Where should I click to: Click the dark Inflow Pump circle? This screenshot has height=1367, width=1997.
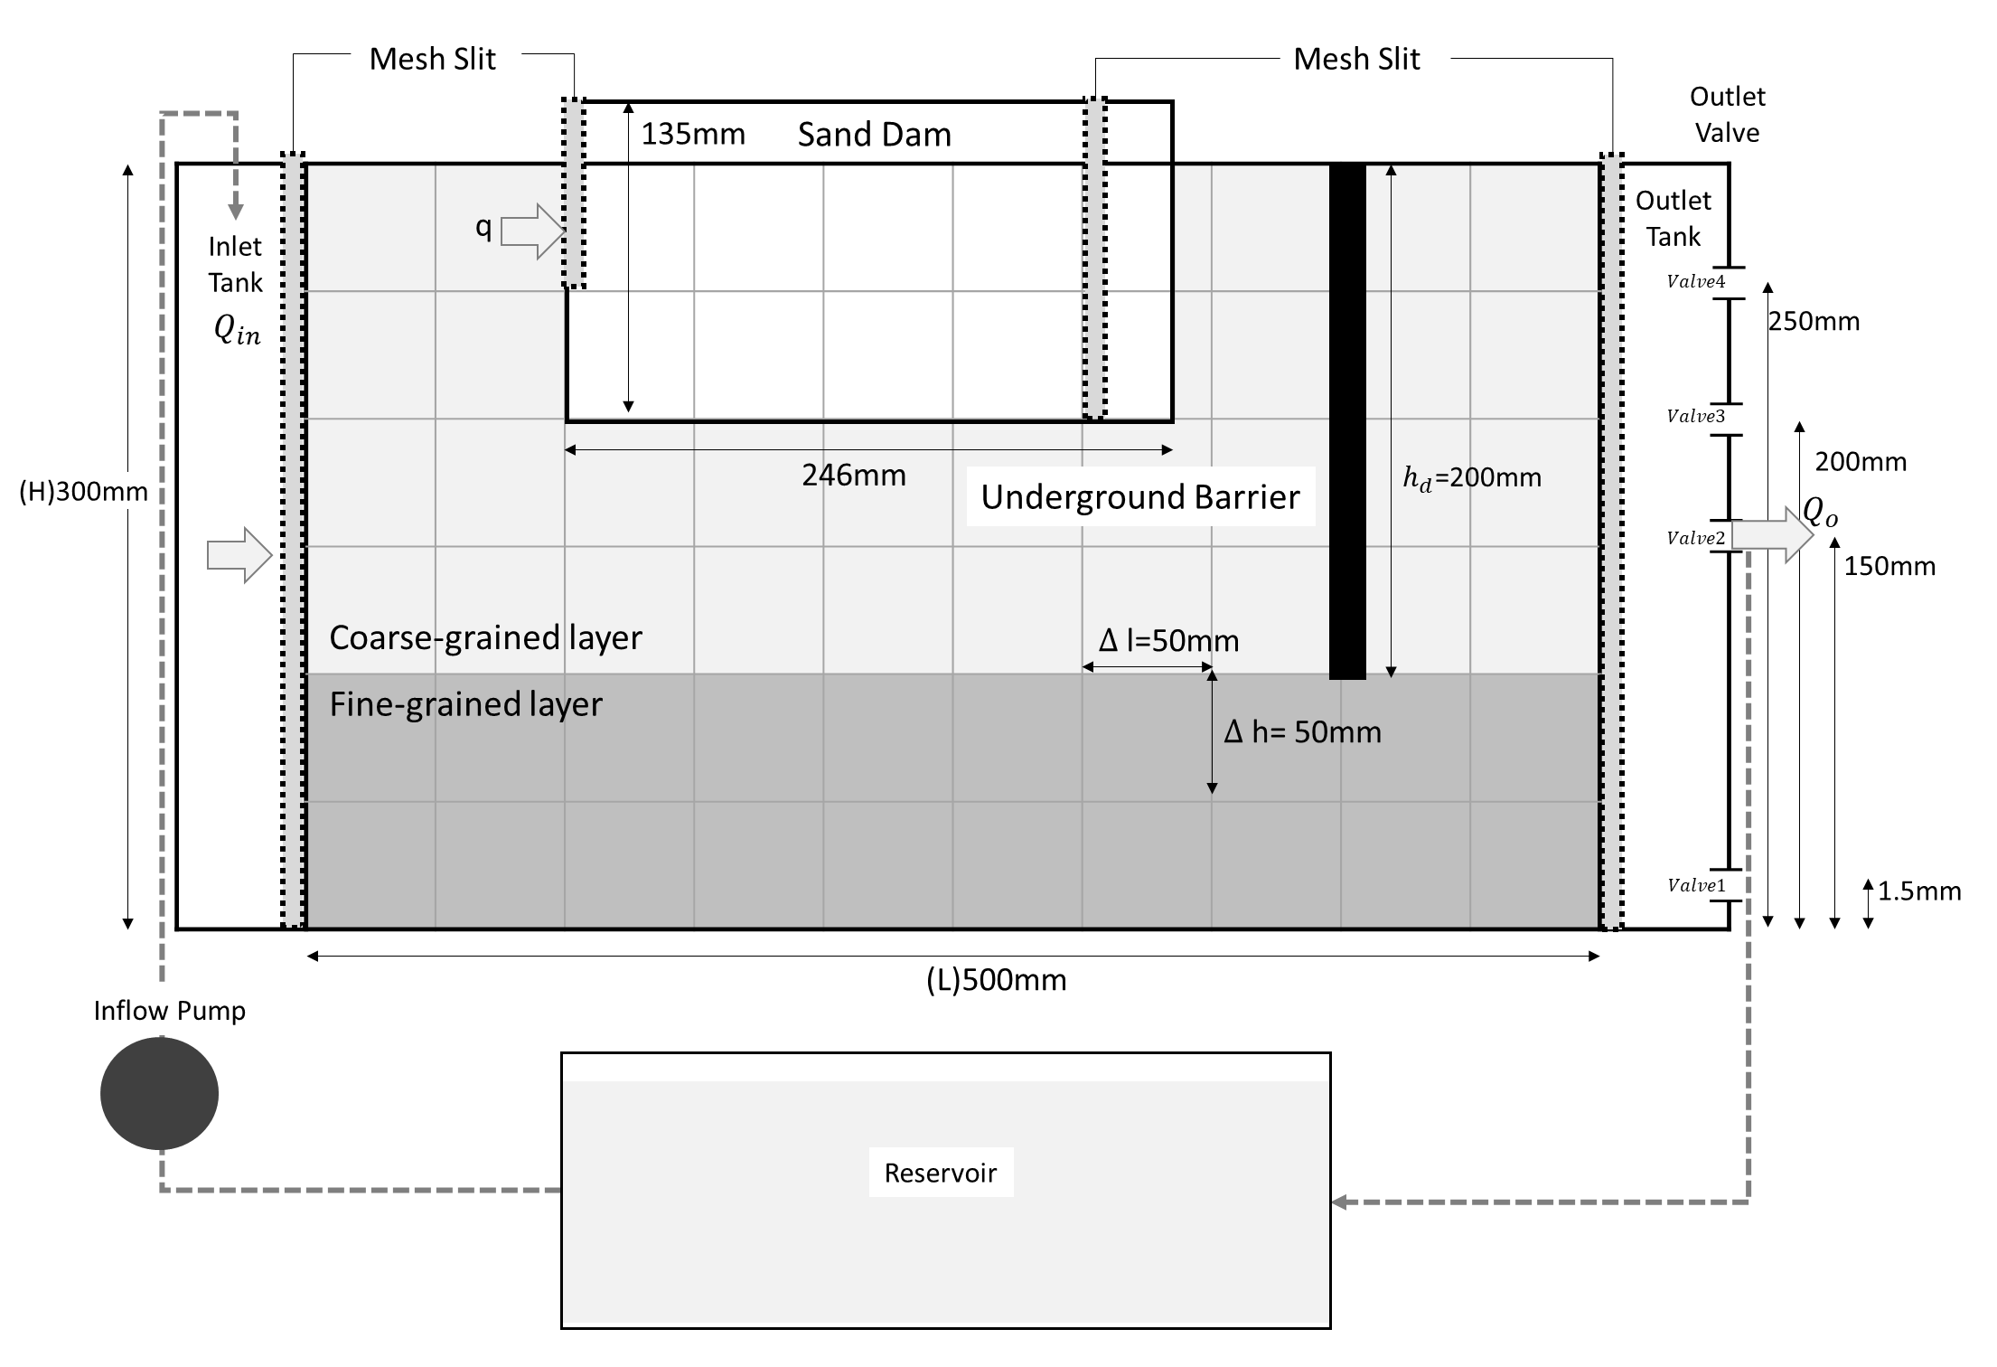point(159,1093)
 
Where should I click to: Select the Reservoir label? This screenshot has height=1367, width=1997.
point(940,1173)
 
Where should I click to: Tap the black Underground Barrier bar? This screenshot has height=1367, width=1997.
point(1346,420)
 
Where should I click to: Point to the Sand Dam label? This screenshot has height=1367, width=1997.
point(874,135)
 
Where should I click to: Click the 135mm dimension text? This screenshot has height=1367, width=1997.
point(693,134)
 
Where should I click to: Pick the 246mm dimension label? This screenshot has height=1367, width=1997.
point(853,475)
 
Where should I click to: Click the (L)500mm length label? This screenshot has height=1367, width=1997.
point(996,980)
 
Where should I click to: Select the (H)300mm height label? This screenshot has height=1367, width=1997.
point(83,492)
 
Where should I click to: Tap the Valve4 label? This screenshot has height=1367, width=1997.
point(1695,281)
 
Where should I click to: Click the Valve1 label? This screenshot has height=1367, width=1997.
point(1695,885)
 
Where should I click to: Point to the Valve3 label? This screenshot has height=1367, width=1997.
point(1695,416)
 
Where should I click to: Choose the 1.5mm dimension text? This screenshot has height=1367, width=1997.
point(1918,891)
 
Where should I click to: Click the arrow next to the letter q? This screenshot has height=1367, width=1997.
point(532,231)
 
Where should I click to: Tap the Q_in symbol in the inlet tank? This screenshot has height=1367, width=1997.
point(237,330)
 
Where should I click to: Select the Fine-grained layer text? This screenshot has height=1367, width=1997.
point(465,704)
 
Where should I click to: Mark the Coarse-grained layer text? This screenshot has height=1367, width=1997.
point(485,637)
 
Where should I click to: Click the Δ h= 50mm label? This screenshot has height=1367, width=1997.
point(1302,731)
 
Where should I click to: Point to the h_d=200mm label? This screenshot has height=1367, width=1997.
point(1471,477)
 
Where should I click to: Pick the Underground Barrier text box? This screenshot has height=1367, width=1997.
point(1139,496)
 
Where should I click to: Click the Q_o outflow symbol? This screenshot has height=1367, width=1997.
point(1820,513)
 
